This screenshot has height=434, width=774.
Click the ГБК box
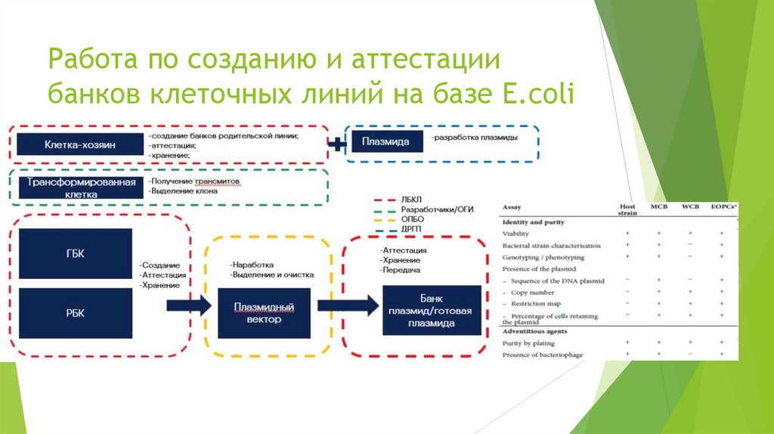coord(75,254)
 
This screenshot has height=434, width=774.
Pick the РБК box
coord(75,313)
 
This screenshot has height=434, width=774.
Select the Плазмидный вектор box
coord(263,314)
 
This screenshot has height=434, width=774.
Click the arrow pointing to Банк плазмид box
coord(348,305)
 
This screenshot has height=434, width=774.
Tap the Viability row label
coord(516,234)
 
